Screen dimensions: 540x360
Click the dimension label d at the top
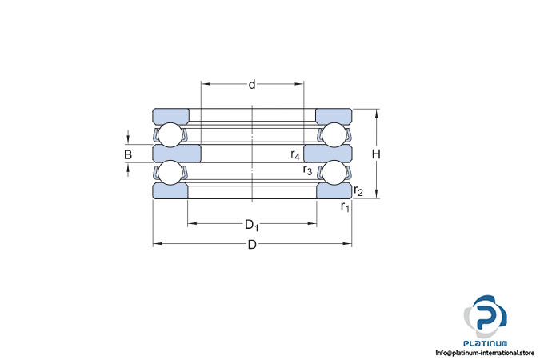pos(252,85)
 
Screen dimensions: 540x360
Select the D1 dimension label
pos(252,226)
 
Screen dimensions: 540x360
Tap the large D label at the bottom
pos(252,245)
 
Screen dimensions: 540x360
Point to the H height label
pos(376,154)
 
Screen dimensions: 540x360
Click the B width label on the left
pos(128,154)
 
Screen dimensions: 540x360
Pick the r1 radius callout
pos(345,206)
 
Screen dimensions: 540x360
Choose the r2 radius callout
pos(358,190)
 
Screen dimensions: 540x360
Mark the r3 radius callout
pos(307,170)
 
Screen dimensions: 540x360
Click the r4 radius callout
pos(295,154)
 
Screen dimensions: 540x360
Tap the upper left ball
pos(170,134)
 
